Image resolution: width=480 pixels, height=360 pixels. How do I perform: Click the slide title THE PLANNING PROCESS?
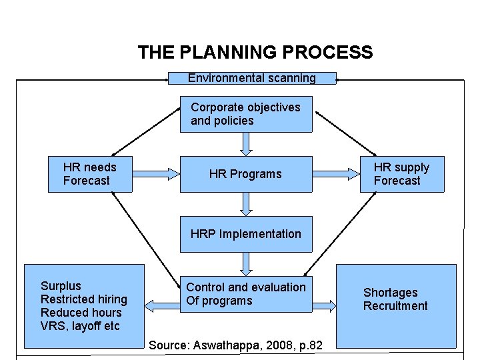coord(255,52)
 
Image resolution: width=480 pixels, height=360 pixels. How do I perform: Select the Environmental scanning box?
coord(252,78)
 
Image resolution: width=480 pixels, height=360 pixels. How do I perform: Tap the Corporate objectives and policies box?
coord(246,114)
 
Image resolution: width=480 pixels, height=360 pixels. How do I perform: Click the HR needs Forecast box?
coord(90,174)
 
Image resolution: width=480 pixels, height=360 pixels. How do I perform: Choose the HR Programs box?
coord(245,174)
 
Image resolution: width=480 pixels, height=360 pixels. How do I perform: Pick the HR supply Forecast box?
coord(401,174)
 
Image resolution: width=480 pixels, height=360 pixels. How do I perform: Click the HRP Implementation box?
coord(246,234)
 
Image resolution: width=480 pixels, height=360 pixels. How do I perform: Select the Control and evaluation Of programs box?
coord(246,294)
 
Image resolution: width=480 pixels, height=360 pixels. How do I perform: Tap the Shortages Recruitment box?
coord(396,299)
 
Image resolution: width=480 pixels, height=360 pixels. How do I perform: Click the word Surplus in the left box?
coord(61,286)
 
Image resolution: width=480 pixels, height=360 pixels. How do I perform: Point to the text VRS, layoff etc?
coord(80,326)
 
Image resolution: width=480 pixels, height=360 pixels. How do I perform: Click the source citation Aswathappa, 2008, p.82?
coord(236,345)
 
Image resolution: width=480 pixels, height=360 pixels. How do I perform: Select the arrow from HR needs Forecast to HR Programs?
coord(156,174)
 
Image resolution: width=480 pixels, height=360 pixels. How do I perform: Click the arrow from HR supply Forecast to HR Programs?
coord(336,174)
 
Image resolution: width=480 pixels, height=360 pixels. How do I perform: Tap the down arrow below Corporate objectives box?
coord(246,144)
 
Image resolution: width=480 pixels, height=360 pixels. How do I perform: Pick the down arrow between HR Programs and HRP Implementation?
coord(246,204)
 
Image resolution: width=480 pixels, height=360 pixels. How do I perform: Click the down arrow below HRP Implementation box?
coord(246,264)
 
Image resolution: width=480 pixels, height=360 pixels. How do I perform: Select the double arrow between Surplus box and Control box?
coord(162,306)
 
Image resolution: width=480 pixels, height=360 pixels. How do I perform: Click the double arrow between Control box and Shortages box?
coord(324,306)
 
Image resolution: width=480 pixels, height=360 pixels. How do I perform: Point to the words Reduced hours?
coord(81,313)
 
